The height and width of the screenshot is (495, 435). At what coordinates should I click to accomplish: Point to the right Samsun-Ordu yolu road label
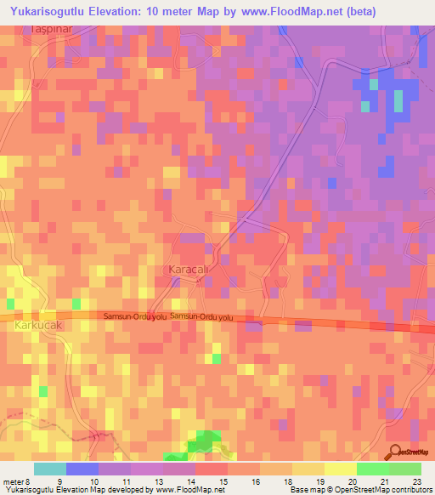tap(201, 316)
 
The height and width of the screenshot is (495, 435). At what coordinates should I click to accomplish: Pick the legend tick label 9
tap(59, 481)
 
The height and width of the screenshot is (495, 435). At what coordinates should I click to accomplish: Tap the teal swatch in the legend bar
tap(50, 469)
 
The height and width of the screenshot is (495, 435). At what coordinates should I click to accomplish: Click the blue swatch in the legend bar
tap(82, 469)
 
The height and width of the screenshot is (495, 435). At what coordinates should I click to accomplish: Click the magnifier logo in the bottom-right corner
tap(396, 452)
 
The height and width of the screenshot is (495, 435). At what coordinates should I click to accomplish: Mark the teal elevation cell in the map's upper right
tap(398, 100)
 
